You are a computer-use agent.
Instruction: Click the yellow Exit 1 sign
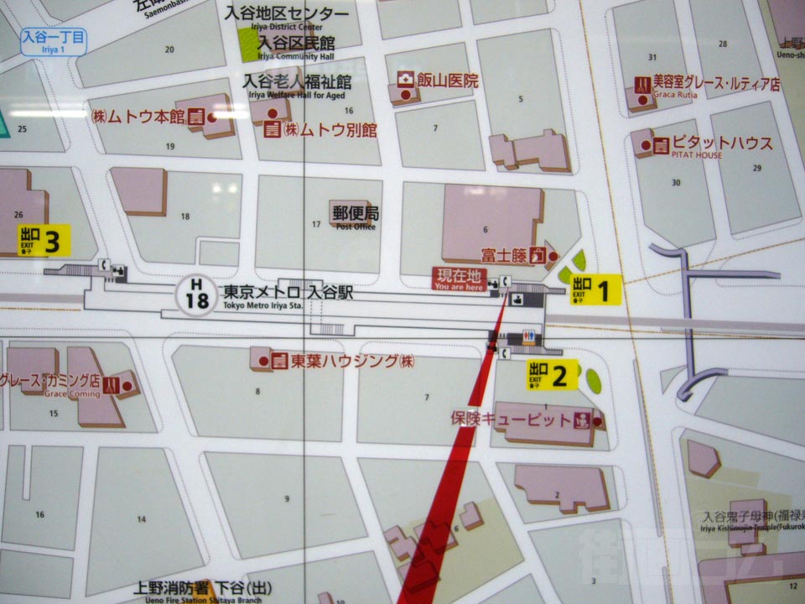(596, 290)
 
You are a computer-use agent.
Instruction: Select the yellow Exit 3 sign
(44, 241)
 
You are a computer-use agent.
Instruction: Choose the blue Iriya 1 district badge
(53, 40)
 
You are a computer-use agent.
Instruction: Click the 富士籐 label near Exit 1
(502, 255)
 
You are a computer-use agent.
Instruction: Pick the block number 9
(287, 499)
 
